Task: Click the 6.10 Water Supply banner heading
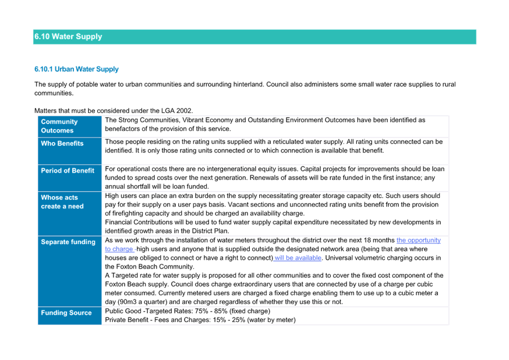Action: [68, 36]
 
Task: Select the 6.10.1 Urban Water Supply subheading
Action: [76, 69]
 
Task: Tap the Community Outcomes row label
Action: [59, 126]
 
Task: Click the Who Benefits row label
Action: [62, 143]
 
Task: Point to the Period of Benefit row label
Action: [68, 171]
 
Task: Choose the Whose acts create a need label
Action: [62, 202]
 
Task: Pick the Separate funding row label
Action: [68, 242]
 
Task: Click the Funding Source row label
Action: [66, 313]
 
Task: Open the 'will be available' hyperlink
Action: [298, 257]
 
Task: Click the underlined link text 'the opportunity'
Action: [418, 240]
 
